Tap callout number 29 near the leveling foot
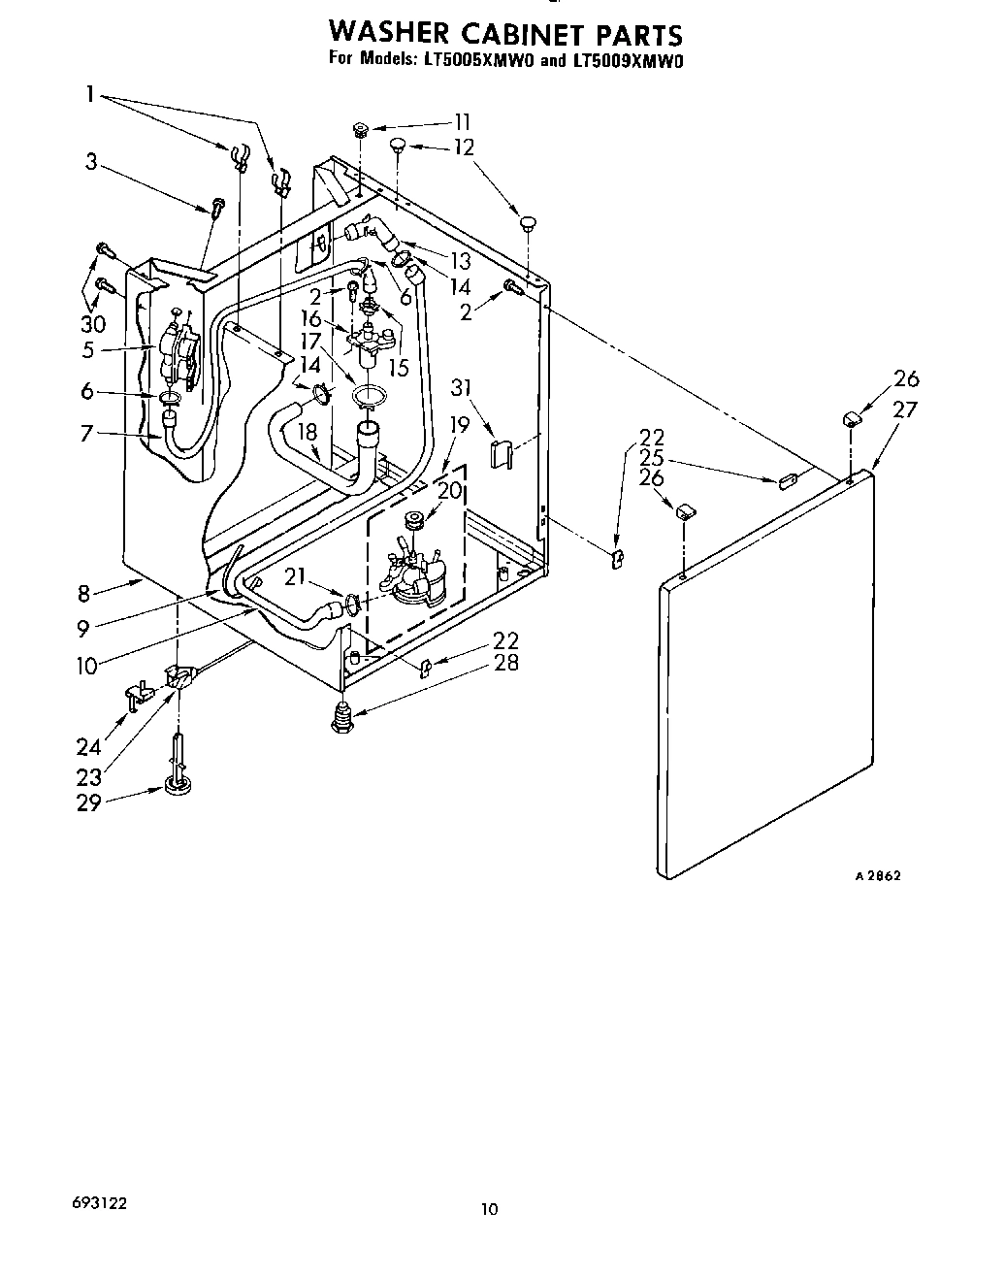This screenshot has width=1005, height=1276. click(x=88, y=802)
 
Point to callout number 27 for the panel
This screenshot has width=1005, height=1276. click(x=904, y=409)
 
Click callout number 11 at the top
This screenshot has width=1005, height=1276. click(x=462, y=122)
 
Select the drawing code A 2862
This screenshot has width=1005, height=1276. click(x=878, y=875)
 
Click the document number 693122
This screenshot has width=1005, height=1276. click(x=97, y=1202)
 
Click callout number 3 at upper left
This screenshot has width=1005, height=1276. click(x=90, y=161)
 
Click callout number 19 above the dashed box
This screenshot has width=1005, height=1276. click(x=459, y=423)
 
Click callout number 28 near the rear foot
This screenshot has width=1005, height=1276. click(x=505, y=663)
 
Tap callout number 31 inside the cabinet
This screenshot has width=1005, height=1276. click(x=462, y=388)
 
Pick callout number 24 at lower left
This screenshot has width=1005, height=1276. click(x=88, y=746)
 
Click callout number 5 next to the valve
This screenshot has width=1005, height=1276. click(x=88, y=349)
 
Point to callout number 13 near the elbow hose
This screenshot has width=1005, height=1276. click(x=460, y=260)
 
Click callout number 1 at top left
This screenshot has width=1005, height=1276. click(x=90, y=94)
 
